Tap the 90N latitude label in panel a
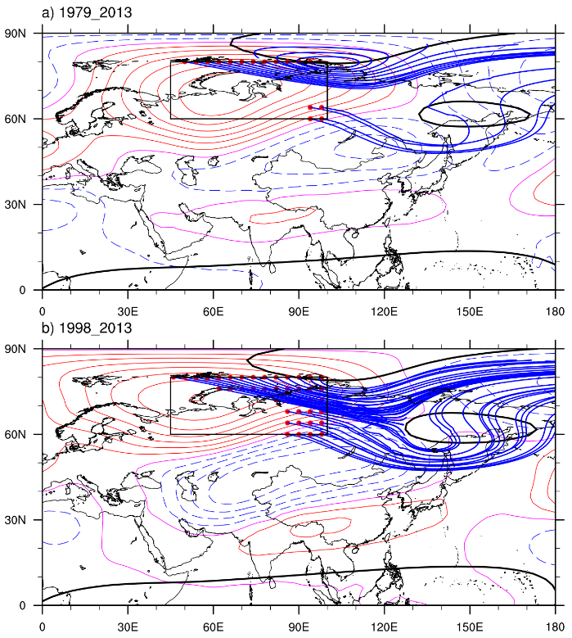tap(19, 34)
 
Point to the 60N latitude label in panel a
tap(19, 119)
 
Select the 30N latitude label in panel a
tap(19, 204)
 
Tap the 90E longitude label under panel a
tap(299, 312)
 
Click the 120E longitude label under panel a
tap(385, 312)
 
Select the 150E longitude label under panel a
tap(470, 312)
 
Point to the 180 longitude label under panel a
tap(556, 312)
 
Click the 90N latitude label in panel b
tap(19, 349)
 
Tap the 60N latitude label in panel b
tap(19, 434)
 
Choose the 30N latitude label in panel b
tap(19, 519)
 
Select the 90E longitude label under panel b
tap(299, 627)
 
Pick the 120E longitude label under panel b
tap(385, 627)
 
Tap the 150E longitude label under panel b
tap(470, 627)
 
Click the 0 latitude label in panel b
tap(27, 605)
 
